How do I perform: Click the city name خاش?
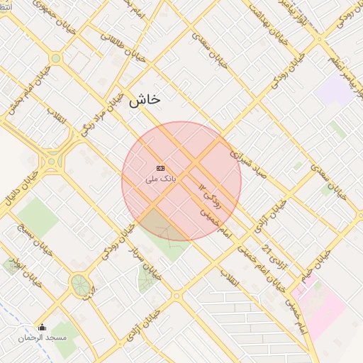(x=145, y=100)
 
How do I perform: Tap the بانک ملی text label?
(x=160, y=179)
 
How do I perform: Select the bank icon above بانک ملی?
(x=160, y=168)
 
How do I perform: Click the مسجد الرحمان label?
(x=43, y=337)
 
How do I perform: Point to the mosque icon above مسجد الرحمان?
(x=42, y=328)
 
